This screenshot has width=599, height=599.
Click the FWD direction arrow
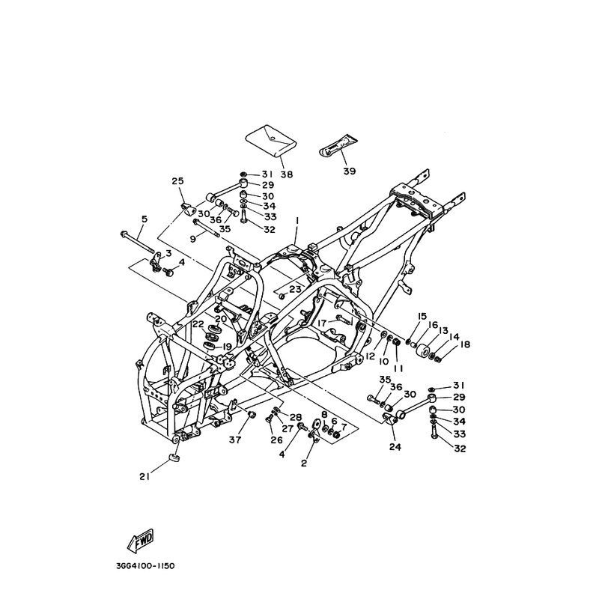click(140, 541)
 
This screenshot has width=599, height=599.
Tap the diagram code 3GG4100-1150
click(145, 565)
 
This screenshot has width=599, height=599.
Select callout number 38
click(287, 174)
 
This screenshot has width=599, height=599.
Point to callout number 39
click(349, 171)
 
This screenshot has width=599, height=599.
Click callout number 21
click(144, 477)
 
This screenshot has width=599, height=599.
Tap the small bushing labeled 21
click(174, 457)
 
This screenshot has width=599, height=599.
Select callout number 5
click(144, 219)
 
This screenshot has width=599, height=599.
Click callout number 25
click(178, 180)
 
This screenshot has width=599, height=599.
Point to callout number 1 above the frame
click(297, 221)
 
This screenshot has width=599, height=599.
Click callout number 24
click(395, 446)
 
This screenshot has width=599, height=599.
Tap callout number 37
click(235, 440)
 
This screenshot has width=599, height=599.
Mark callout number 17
click(322, 323)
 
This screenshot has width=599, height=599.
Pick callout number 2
click(304, 463)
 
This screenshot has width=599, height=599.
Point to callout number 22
click(198, 324)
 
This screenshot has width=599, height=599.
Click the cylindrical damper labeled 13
click(423, 350)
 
